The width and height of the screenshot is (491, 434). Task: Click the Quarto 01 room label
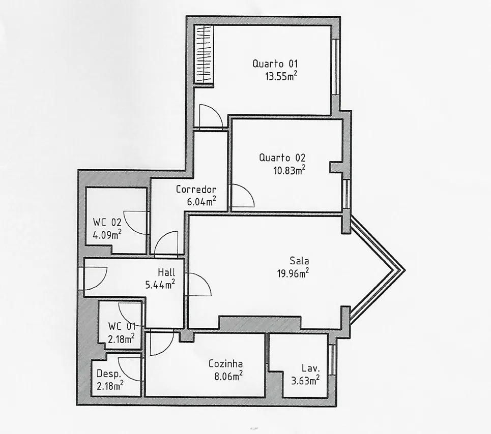click(275, 64)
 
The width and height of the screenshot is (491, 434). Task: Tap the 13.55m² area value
click(281, 76)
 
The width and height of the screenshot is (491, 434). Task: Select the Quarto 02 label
click(282, 158)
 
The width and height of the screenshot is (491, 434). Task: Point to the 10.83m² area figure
click(290, 170)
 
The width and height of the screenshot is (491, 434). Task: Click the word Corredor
click(196, 189)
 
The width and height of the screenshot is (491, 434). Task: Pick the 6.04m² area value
click(201, 201)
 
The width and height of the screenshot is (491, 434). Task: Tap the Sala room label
click(299, 261)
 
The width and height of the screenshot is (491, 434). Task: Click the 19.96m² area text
click(293, 273)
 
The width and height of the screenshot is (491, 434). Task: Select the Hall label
click(166, 272)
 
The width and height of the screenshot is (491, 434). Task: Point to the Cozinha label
click(225, 364)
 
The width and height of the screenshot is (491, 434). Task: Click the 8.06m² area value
click(228, 376)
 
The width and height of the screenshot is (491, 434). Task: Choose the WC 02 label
click(107, 222)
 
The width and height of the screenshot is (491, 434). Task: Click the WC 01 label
click(122, 326)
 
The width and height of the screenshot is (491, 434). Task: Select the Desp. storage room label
click(109, 374)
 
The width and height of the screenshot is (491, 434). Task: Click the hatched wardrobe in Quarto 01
click(204, 54)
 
